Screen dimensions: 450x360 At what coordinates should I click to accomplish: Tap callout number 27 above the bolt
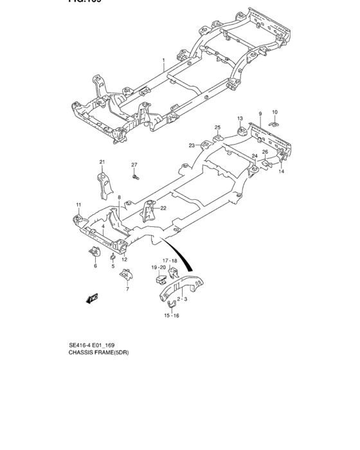click(134, 165)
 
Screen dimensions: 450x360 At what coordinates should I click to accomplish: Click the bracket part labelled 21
click(103, 183)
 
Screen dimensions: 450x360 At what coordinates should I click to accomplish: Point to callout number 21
click(102, 161)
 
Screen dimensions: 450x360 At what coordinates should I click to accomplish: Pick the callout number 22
click(163, 208)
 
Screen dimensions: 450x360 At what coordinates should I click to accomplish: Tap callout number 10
click(274, 111)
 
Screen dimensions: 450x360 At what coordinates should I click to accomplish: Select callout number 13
click(239, 118)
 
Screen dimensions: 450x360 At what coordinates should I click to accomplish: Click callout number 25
click(217, 127)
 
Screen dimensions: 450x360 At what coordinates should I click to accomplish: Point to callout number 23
click(192, 145)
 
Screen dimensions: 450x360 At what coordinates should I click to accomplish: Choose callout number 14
click(281, 172)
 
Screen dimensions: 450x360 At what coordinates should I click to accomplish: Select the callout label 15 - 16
click(170, 316)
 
